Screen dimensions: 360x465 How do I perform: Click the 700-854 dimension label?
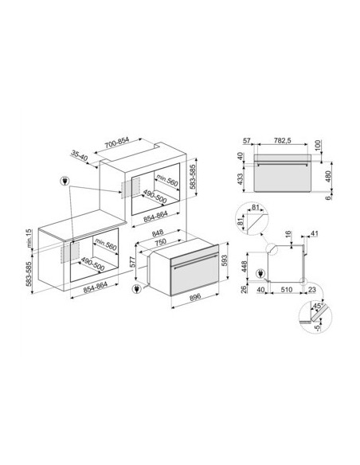click(117, 144)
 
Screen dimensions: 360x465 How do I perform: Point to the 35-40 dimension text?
click(80, 156)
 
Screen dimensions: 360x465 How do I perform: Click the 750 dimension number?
click(160, 243)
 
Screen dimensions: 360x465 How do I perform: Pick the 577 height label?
click(132, 262)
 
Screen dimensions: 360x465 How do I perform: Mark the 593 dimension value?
click(225, 260)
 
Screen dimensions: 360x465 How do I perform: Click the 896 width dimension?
click(195, 296)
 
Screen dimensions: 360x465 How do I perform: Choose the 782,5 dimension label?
click(282, 141)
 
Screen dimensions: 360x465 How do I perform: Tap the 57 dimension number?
click(247, 141)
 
